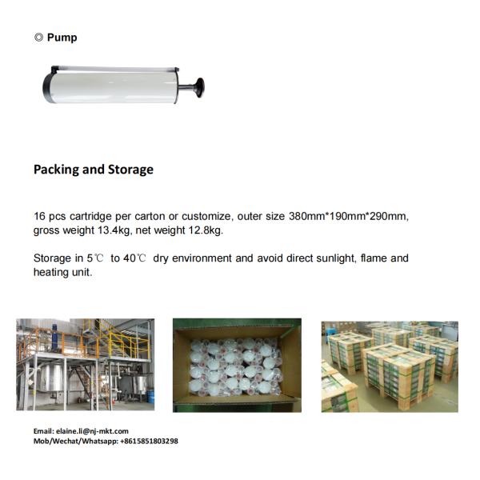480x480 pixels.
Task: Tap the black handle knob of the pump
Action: pyautogui.click(x=197, y=84)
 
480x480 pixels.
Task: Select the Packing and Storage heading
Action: pyautogui.click(x=93, y=170)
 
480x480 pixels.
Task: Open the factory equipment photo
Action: pyautogui.click(x=85, y=365)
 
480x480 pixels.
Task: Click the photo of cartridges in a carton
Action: pyautogui.click(x=237, y=365)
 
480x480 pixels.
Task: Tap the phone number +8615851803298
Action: pyautogui.click(x=141, y=441)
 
